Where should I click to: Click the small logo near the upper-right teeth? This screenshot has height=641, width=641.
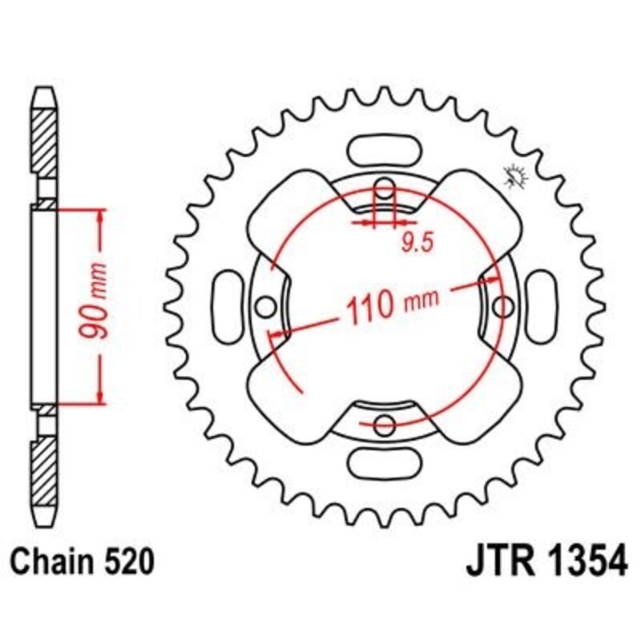click(512, 175)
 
